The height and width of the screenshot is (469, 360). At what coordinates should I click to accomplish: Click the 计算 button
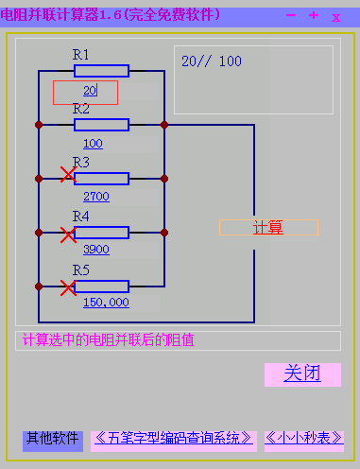(268, 228)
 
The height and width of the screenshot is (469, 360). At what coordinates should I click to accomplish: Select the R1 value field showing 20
(85, 92)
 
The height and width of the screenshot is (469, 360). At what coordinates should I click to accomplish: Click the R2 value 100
(93, 144)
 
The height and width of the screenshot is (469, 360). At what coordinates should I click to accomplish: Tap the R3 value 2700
(96, 197)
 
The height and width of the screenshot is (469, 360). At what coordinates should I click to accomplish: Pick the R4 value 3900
(96, 250)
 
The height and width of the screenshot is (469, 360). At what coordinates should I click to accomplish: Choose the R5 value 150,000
(106, 303)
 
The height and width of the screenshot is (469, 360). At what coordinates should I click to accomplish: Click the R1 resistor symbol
(101, 71)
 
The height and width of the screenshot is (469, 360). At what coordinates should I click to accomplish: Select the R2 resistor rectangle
(101, 124)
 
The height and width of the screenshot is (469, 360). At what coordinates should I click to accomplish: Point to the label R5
(81, 271)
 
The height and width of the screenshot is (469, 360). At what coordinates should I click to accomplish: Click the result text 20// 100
(212, 61)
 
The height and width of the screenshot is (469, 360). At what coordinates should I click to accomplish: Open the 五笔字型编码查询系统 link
(174, 439)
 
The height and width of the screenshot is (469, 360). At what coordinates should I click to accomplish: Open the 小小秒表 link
(303, 439)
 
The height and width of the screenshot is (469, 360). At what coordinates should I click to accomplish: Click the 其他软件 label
(53, 439)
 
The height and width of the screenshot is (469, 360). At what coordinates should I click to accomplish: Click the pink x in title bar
(335, 16)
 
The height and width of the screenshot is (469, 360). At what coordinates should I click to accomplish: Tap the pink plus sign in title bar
(314, 15)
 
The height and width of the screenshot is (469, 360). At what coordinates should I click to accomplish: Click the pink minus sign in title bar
(290, 15)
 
